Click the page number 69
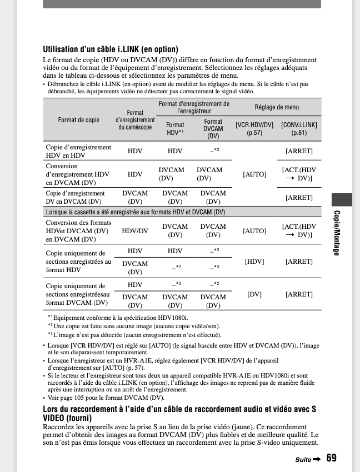(332, 458)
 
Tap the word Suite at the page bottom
(303, 460)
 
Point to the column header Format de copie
(79, 120)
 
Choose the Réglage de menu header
(276, 107)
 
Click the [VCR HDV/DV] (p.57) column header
(254, 129)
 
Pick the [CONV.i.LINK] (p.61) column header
(299, 129)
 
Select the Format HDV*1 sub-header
(175, 129)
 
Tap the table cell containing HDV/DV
(135, 230)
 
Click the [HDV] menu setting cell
(254, 262)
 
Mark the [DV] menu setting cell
(254, 294)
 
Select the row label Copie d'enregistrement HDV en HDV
(78, 151)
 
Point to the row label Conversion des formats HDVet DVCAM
(77, 230)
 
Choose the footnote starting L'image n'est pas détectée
(137, 335)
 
